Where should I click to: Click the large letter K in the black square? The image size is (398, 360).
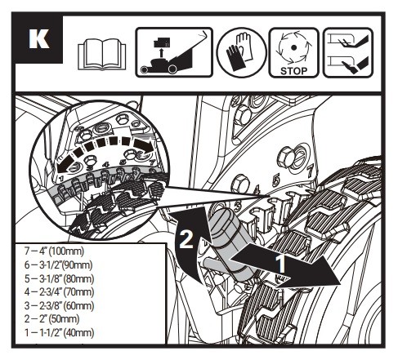point(39,39)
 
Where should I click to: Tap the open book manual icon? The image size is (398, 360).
point(102,54)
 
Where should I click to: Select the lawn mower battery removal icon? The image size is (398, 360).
point(174,52)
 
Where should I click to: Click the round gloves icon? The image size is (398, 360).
point(241,52)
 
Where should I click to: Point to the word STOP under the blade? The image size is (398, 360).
point(293,71)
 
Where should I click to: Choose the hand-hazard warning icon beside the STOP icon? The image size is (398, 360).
point(348,52)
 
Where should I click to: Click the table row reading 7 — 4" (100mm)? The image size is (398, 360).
point(54,251)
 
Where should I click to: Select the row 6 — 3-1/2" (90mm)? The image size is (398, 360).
point(58,264)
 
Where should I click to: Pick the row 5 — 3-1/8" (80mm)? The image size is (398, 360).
point(59,278)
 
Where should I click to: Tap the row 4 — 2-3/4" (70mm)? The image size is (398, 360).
point(59,292)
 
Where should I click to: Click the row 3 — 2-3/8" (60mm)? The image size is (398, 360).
point(59,305)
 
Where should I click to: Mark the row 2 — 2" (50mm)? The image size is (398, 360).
point(51,318)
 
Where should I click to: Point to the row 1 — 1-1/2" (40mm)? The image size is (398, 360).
point(59,332)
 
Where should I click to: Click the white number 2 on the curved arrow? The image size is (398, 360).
point(186,239)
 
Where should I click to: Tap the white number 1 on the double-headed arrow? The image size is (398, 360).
point(280,264)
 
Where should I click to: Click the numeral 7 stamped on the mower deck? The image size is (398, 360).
point(310,171)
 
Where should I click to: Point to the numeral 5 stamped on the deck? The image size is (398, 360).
point(275,180)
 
